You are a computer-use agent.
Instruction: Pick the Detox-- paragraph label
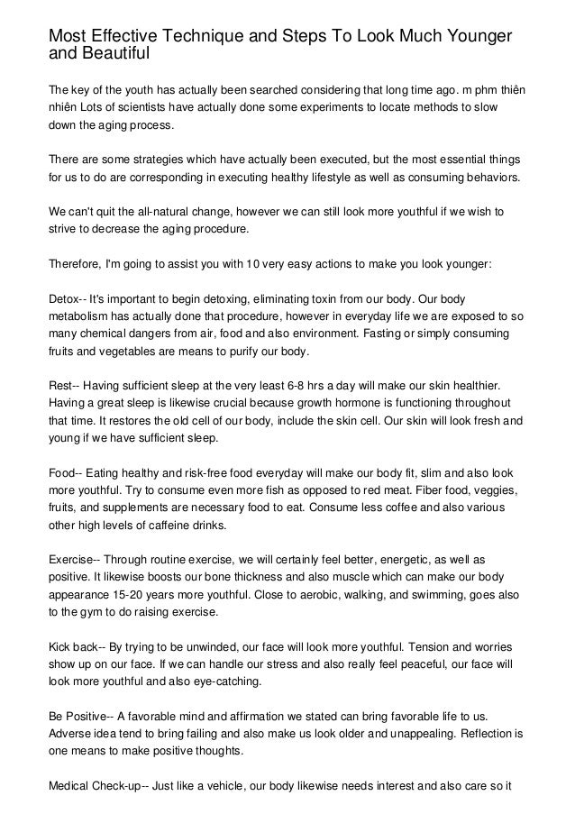68,297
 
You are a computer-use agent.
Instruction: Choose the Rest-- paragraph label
67,383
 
